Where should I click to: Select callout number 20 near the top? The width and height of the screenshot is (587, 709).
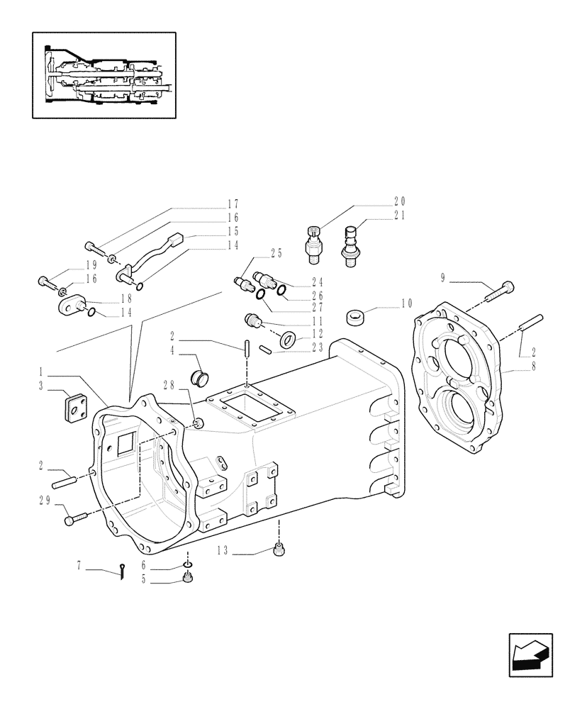click(400, 201)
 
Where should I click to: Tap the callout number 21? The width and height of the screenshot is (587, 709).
click(400, 215)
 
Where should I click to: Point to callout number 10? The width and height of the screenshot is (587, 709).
click(406, 303)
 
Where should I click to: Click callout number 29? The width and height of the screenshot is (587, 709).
click(44, 501)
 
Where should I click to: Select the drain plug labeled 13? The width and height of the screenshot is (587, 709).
click(279, 549)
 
